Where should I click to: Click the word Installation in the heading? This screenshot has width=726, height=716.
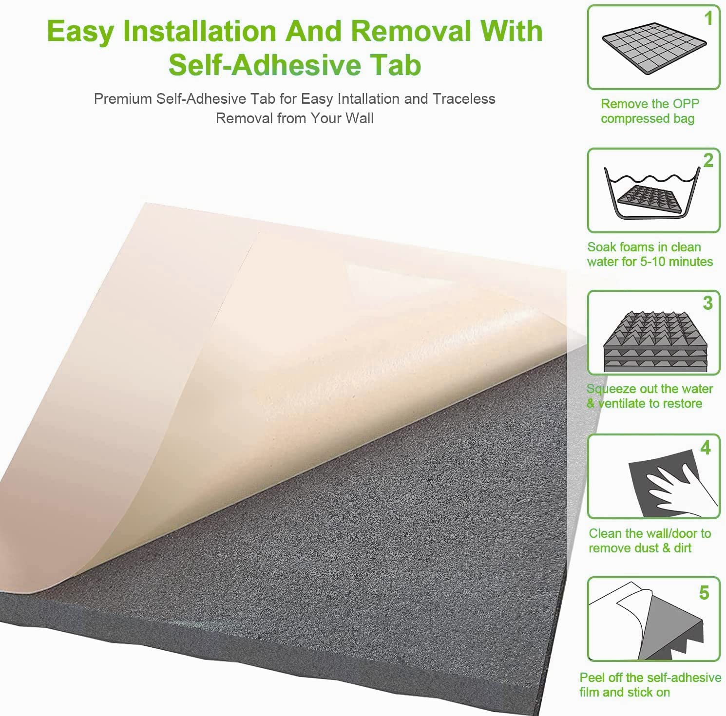coord(200,31)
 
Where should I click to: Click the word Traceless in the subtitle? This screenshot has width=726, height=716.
coord(464,99)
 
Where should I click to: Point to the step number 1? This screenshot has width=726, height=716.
coord(709,19)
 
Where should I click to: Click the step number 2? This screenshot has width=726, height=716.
coord(708,160)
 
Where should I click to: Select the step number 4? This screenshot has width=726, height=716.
coord(706,448)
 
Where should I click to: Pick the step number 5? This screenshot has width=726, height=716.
coord(704,593)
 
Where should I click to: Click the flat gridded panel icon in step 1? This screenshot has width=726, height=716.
coord(654,50)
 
